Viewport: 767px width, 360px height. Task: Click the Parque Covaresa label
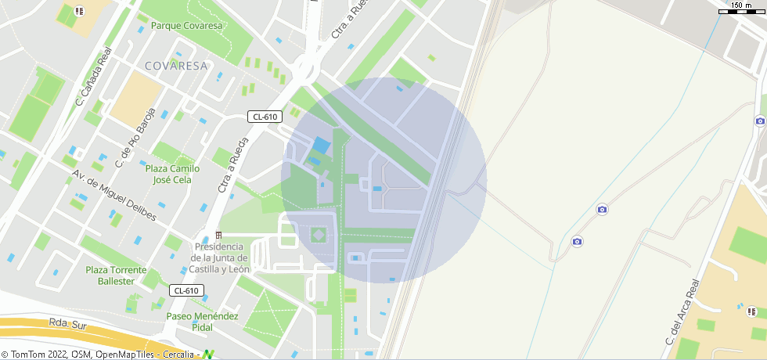click(x=186, y=26)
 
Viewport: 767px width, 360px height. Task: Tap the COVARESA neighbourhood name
click(x=176, y=66)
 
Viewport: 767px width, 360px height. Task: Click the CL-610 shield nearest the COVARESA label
click(x=265, y=117)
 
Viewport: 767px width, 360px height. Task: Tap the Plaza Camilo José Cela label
click(x=172, y=174)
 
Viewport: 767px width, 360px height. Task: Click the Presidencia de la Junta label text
click(x=221, y=257)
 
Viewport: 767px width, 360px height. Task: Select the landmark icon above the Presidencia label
click(x=218, y=236)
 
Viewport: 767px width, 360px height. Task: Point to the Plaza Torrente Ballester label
click(x=116, y=275)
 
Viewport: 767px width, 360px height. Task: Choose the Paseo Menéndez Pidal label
click(x=202, y=321)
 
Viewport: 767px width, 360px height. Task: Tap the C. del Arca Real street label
click(x=681, y=312)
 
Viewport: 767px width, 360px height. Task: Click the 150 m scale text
click(x=741, y=5)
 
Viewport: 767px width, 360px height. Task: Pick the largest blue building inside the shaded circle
click(x=321, y=146)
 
